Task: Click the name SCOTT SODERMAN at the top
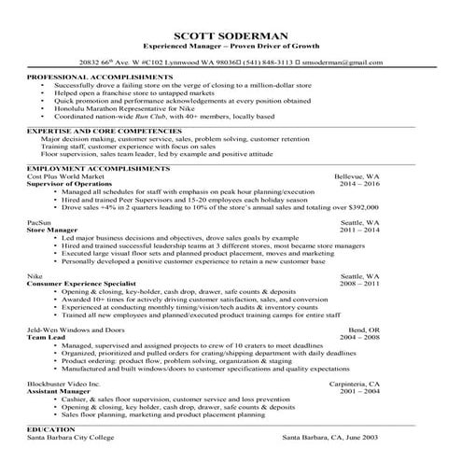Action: (x=231, y=34)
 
